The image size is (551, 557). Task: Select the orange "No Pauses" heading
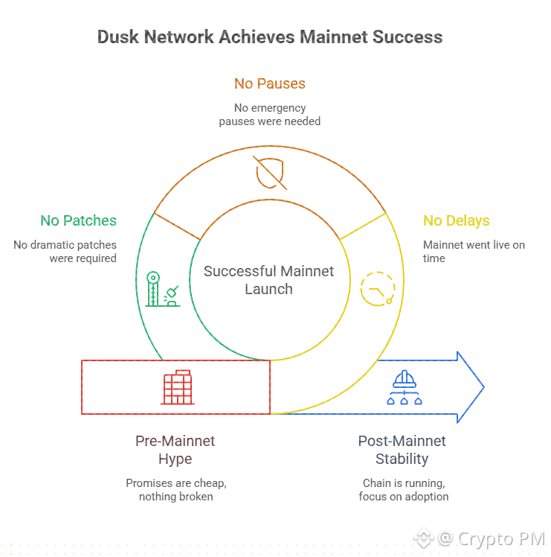pyautogui.click(x=270, y=83)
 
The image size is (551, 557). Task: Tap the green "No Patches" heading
pyautogui.click(x=78, y=220)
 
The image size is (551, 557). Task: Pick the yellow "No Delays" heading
pyautogui.click(x=457, y=220)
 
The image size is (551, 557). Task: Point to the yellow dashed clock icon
pyautogui.click(x=376, y=288)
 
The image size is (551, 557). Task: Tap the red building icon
pyautogui.click(x=177, y=387)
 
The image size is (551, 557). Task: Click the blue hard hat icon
pyautogui.click(x=405, y=387)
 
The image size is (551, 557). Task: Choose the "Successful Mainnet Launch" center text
pyautogui.click(x=269, y=280)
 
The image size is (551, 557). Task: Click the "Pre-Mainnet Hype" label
pyautogui.click(x=175, y=450)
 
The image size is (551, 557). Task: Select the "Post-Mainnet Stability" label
pyautogui.click(x=402, y=450)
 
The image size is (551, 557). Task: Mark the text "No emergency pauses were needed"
pyautogui.click(x=270, y=114)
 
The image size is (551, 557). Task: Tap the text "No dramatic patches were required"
pyautogui.click(x=65, y=251)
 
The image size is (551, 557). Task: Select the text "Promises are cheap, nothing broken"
pyautogui.click(x=175, y=490)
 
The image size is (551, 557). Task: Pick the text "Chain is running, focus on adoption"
pyautogui.click(x=403, y=490)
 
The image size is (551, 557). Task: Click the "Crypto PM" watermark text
pyautogui.click(x=501, y=538)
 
